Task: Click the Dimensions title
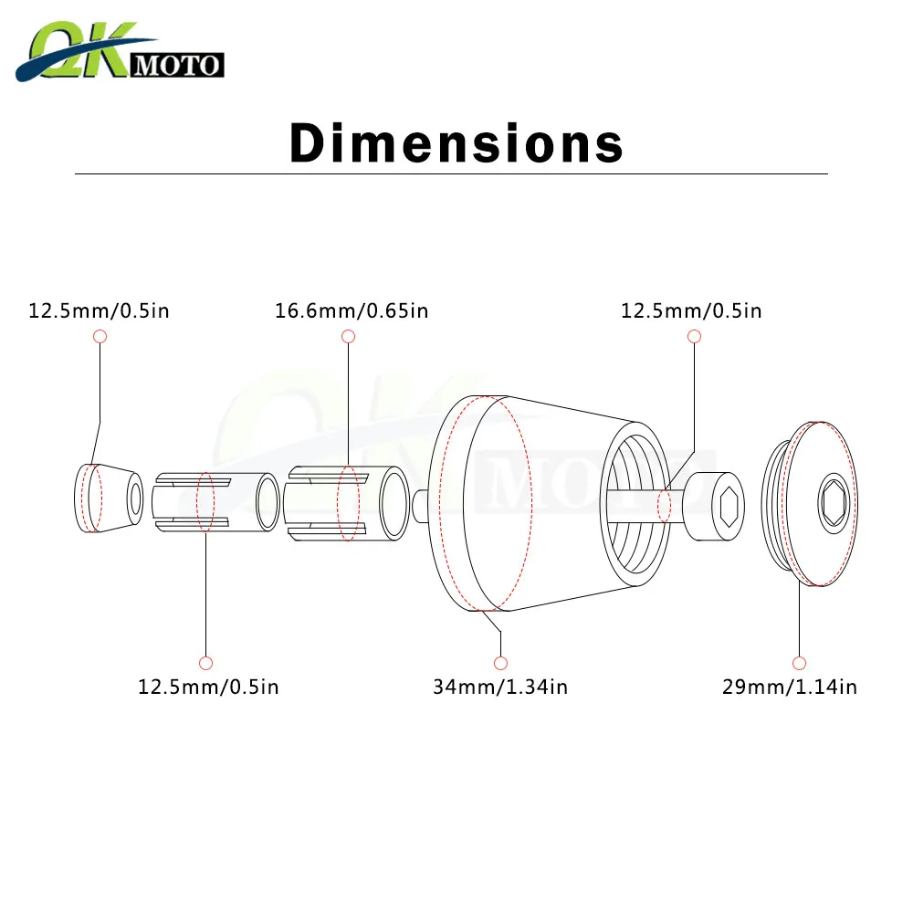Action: tap(456, 143)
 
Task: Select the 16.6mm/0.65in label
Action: tap(352, 310)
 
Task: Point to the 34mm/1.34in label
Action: tap(500, 687)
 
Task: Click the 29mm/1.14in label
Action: tap(790, 687)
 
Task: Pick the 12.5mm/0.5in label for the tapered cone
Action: tap(99, 310)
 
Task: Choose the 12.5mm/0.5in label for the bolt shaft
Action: tap(691, 310)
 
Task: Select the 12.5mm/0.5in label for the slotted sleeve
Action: tap(208, 687)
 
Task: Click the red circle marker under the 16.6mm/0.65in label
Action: tap(348, 337)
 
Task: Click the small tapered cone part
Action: tap(107, 498)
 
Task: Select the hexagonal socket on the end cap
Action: tap(834, 503)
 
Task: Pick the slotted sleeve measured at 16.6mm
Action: tap(347, 503)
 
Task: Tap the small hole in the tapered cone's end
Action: tap(135, 498)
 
